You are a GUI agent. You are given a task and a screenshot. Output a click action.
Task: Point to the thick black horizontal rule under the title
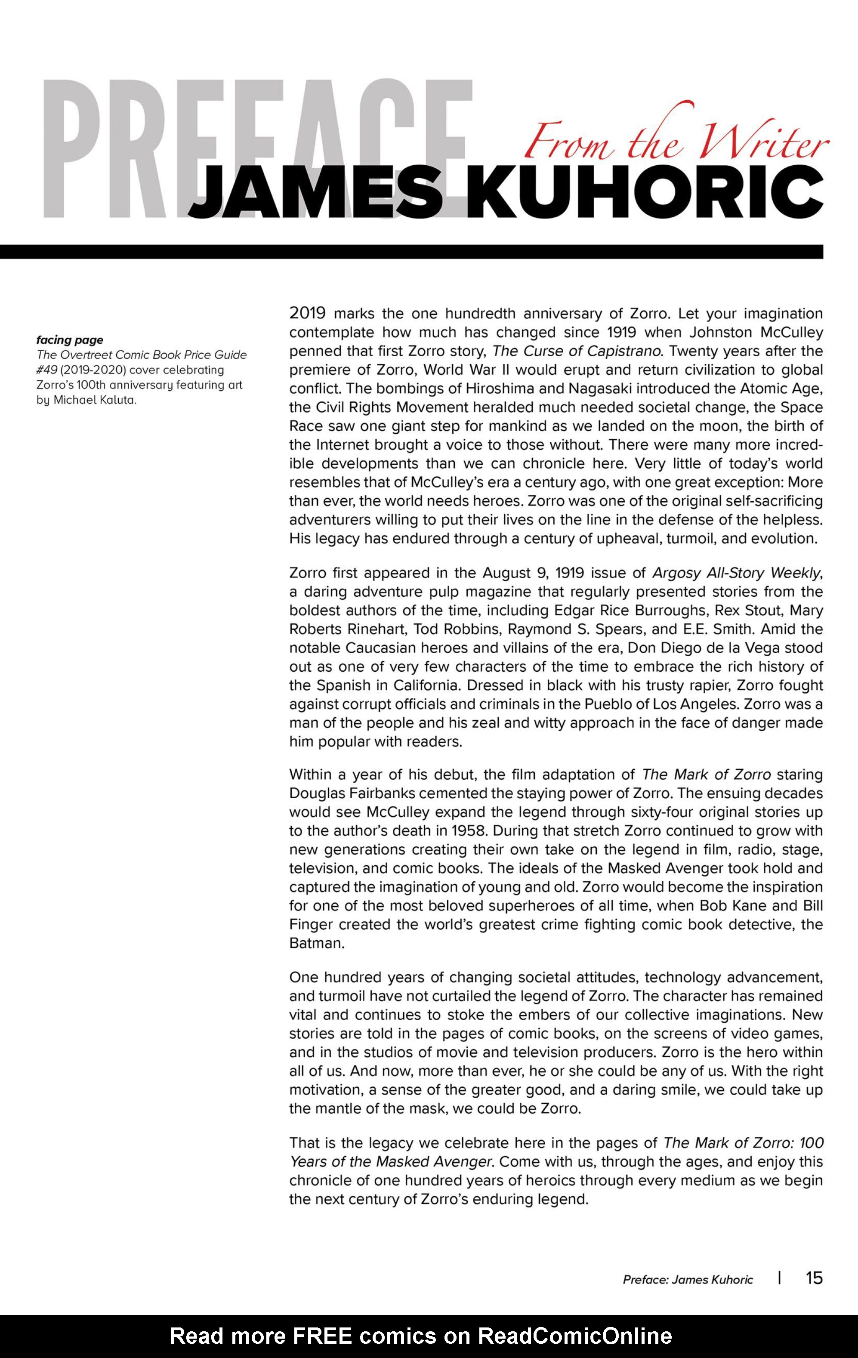tap(412, 252)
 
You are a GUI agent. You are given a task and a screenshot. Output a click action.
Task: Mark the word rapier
tap(656, 686)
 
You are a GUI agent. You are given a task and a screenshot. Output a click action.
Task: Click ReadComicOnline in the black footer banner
tap(575, 1336)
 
